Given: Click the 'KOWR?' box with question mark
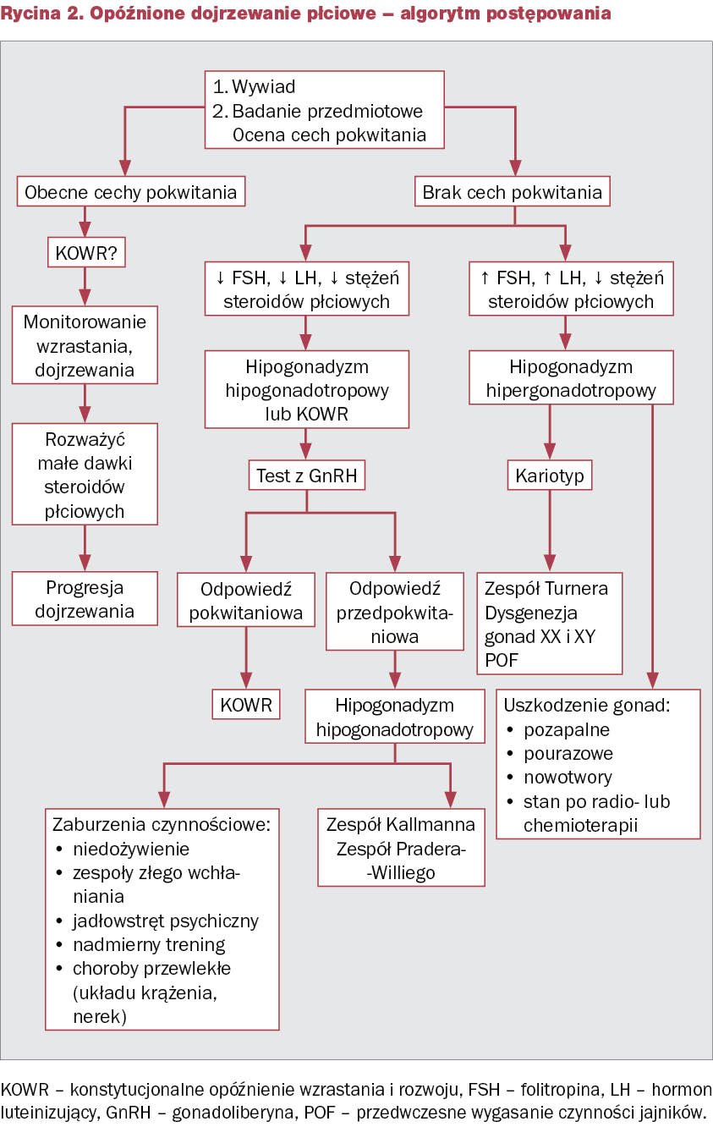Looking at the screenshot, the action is click(x=86, y=252).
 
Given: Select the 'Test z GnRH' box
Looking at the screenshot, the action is click(x=307, y=475).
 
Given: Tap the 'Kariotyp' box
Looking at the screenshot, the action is click(x=550, y=475).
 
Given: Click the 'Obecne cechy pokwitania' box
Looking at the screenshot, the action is click(x=131, y=191).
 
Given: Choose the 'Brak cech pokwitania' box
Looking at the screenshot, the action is click(x=513, y=191).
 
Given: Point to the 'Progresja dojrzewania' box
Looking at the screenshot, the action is click(x=85, y=599).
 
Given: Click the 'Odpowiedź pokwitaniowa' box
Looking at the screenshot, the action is click(x=246, y=600).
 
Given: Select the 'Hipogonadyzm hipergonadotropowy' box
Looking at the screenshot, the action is click(x=571, y=377).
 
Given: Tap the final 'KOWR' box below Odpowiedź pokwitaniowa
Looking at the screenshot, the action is click(x=246, y=704).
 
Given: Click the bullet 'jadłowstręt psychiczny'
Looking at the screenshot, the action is click(x=166, y=921).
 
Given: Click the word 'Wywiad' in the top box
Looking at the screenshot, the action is click(x=264, y=86).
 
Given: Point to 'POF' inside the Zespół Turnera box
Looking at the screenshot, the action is click(x=501, y=660).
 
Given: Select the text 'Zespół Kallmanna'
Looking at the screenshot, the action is click(x=401, y=824).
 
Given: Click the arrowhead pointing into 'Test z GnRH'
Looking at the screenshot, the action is click(x=305, y=452).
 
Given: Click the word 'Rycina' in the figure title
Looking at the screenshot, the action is click(x=30, y=14).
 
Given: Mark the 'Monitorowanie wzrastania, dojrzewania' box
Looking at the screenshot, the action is click(x=85, y=345).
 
